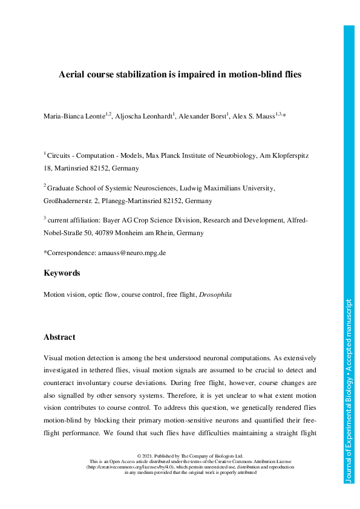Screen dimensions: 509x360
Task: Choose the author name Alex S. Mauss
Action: coord(253,115)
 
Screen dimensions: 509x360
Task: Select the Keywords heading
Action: coord(62,273)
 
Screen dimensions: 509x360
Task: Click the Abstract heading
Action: coord(60,337)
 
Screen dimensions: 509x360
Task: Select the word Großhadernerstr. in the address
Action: coord(70,200)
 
